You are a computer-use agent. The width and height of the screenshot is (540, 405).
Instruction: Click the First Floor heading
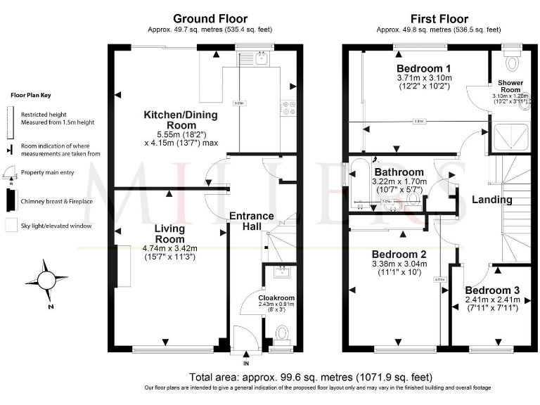pyautogui.click(x=438, y=18)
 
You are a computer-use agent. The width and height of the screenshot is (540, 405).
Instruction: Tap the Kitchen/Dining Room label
pyautogui.click(x=181, y=120)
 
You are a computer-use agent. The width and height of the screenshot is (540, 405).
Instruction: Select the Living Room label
pyautogui.click(x=169, y=233)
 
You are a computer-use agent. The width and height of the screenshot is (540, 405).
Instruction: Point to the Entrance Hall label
pyautogui.click(x=251, y=221)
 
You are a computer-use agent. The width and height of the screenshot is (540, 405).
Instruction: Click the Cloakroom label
pyautogui.click(x=276, y=298)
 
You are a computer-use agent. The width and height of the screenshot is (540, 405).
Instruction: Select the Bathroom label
pyautogui.click(x=399, y=172)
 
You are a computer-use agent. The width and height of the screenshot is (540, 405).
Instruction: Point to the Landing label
pyautogui.click(x=491, y=200)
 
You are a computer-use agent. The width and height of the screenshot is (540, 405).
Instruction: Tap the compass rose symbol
pyautogui.click(x=46, y=281)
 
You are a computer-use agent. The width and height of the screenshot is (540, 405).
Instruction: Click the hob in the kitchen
pyautogui.click(x=288, y=108)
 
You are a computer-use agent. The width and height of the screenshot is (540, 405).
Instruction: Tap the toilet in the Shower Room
pyautogui.click(x=512, y=62)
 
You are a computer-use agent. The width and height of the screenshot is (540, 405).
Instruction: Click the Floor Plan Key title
pyautogui.click(x=30, y=95)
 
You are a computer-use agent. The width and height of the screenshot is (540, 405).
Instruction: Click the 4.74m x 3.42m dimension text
pyautogui.click(x=169, y=247)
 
